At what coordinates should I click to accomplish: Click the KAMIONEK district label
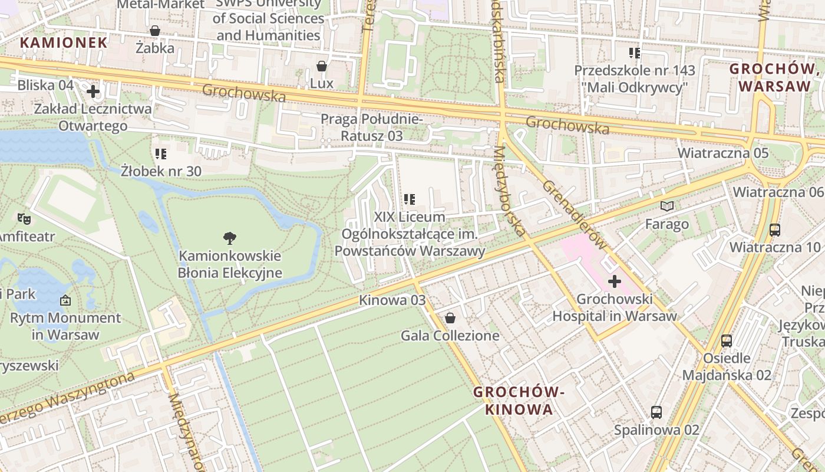pos(64,42)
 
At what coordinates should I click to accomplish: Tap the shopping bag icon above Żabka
pos(155,31)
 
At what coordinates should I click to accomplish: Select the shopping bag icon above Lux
pos(322,66)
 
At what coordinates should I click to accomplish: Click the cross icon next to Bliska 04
pos(93,91)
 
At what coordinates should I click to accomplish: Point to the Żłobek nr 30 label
pos(161,171)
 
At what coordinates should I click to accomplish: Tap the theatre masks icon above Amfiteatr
pos(24,219)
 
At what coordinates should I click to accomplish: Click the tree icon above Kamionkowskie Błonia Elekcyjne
pos(230,238)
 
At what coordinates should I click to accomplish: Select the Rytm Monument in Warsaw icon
pos(65,300)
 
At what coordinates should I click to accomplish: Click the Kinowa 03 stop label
pos(392,300)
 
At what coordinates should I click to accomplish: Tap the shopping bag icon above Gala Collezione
pos(450,319)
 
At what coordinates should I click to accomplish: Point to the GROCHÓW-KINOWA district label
pos(519,401)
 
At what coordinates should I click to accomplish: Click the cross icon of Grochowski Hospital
pos(615,281)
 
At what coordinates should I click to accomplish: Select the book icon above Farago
pos(667,206)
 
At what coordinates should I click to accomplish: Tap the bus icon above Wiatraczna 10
pos(775,230)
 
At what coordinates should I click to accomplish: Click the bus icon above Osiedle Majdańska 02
pos(727,340)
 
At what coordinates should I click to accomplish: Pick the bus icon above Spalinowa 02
pos(656,412)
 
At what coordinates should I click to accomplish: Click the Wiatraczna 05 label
pos(722,153)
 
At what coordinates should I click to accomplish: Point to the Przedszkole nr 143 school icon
pos(635,53)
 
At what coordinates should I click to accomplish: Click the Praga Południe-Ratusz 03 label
pos(371,127)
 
